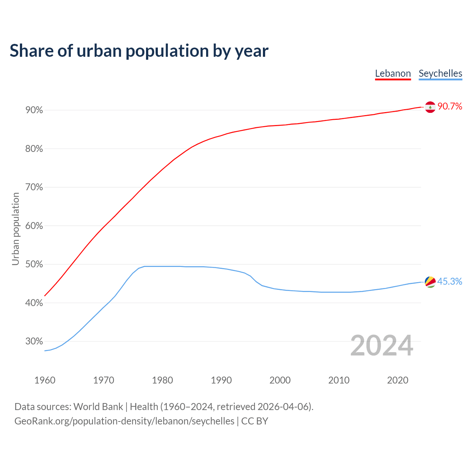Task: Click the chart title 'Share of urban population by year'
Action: (x=139, y=51)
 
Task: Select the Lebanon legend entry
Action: (x=393, y=73)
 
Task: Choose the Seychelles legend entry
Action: (x=440, y=73)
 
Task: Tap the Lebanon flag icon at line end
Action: (x=430, y=107)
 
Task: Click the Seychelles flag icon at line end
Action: (x=430, y=282)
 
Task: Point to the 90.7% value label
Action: (x=450, y=107)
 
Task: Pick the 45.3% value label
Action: (x=450, y=282)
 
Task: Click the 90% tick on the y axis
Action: (x=34, y=110)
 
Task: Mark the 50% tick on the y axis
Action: (x=34, y=264)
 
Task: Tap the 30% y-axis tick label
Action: (x=34, y=341)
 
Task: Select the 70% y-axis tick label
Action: (x=34, y=187)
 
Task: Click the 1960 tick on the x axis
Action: (x=45, y=380)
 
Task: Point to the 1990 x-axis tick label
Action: (x=221, y=380)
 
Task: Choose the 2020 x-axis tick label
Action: (x=398, y=380)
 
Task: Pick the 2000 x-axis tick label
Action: (x=280, y=380)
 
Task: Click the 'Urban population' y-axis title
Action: (x=15, y=229)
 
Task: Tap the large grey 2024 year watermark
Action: (x=382, y=346)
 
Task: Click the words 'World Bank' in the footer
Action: (x=98, y=407)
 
